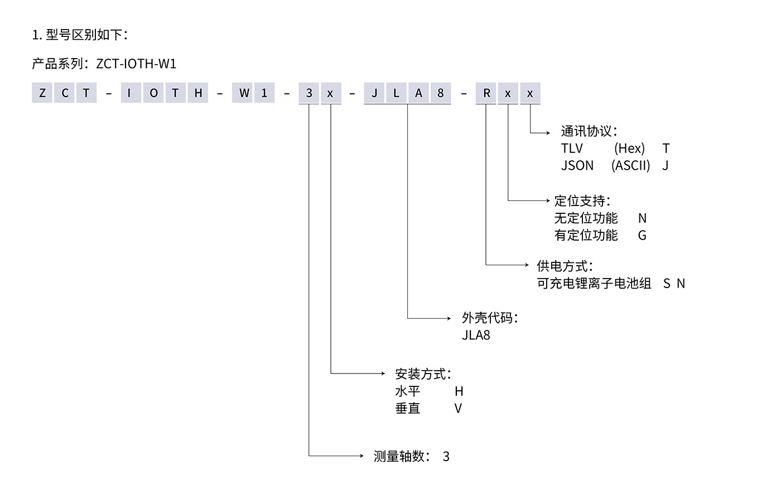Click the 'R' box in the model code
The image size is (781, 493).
point(486,93)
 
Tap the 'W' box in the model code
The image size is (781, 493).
point(244,93)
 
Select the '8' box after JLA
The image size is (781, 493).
point(441,93)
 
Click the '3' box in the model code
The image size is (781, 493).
point(309,93)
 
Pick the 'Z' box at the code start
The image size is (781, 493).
point(42,93)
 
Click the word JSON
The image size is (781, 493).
point(577,166)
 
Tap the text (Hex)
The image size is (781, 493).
point(629,149)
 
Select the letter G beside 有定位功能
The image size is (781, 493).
point(642,236)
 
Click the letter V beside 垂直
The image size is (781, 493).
point(458,409)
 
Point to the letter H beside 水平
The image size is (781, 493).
point(459,391)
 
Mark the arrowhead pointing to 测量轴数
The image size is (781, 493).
point(361,456)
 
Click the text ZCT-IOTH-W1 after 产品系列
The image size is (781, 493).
point(136,64)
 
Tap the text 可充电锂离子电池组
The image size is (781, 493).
point(594,284)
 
